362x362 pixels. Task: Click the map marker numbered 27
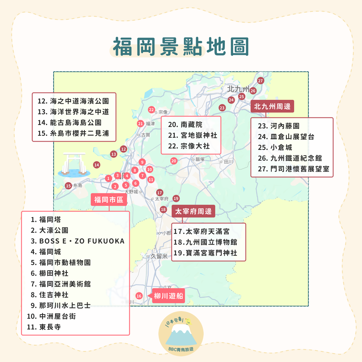click(260, 81)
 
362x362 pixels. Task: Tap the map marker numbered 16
click(139, 296)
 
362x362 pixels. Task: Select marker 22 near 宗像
click(152, 110)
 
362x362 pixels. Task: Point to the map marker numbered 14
click(97, 165)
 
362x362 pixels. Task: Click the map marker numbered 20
click(174, 161)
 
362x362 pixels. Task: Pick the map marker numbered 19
click(176, 199)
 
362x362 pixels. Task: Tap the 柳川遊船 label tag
click(169, 296)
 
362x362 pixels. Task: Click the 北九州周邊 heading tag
click(272, 106)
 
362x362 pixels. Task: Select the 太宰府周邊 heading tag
click(193, 211)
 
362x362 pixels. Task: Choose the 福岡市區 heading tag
click(109, 200)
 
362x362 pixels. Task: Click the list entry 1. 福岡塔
click(46, 219)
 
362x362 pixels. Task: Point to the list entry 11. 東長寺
click(44, 327)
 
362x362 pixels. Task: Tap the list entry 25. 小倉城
click(275, 147)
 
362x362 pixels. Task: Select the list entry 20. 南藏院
click(185, 125)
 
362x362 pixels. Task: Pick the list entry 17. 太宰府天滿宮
click(201, 231)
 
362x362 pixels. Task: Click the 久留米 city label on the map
click(159, 256)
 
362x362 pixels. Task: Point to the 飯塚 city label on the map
click(200, 159)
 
